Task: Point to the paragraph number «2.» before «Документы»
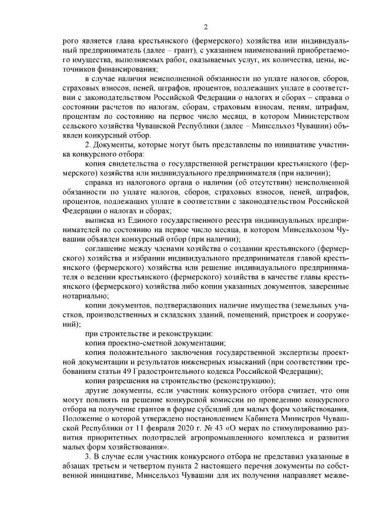[88, 145]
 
